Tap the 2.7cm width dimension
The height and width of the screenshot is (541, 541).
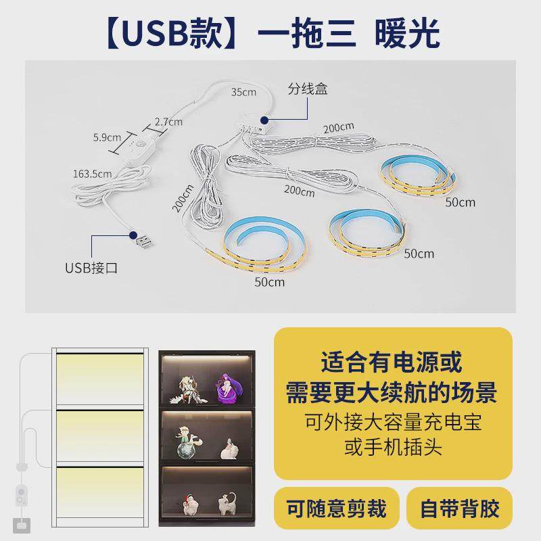pyautogui.click(x=168, y=122)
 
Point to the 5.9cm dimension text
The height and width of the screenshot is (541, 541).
pyautogui.click(x=107, y=137)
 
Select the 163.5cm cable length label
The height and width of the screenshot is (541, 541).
pyautogui.click(x=92, y=174)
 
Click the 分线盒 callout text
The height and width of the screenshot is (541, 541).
pyautogui.click(x=308, y=89)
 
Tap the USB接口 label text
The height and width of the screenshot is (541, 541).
pyautogui.click(x=91, y=267)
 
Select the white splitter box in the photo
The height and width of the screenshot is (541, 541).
pyautogui.click(x=253, y=122)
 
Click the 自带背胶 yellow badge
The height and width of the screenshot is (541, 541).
pyautogui.click(x=459, y=507)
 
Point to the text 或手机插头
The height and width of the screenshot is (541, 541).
pyautogui.click(x=393, y=447)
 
